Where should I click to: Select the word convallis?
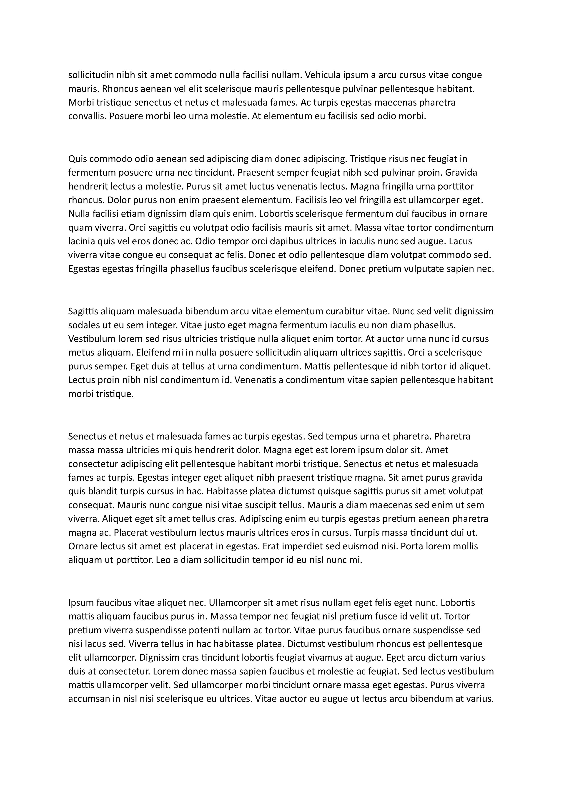(x=87, y=116)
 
